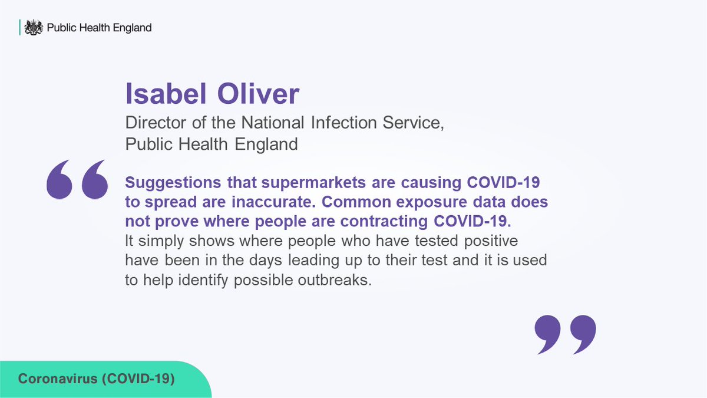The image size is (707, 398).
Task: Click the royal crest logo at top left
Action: pos(37,27)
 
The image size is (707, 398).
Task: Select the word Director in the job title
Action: pos(153,123)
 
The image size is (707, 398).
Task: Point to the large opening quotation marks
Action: pos(78,179)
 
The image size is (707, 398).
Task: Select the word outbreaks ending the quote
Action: pos(341,280)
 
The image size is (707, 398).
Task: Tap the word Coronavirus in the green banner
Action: pos(57,379)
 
